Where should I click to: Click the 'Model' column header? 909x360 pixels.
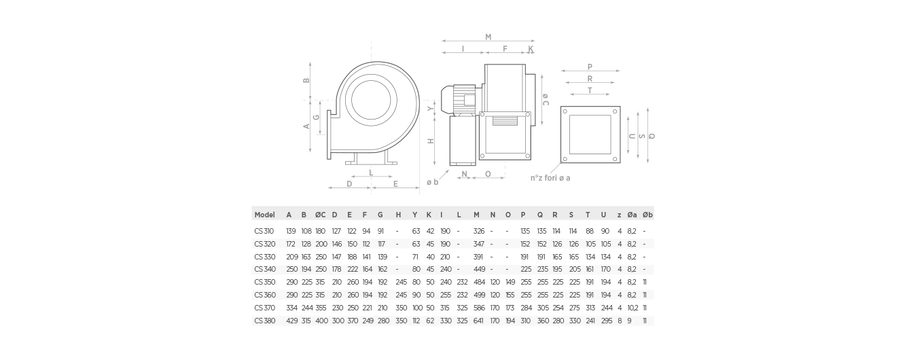coord(264,215)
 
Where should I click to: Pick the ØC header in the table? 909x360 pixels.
coord(321,215)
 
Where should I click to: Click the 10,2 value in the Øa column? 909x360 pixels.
coord(632,308)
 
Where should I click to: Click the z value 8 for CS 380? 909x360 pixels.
coord(619,321)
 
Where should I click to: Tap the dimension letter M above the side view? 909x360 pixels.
coord(488,37)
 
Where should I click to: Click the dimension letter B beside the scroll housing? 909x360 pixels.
coord(306,80)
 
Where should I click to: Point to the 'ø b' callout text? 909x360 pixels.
coord(432,182)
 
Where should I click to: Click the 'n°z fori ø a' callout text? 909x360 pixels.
coord(550,178)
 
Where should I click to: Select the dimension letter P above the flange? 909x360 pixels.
coord(590,67)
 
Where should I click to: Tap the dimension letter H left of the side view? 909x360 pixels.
coord(430,141)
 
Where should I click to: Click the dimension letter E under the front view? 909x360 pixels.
coord(395,183)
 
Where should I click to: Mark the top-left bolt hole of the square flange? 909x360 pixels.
coord(566,111)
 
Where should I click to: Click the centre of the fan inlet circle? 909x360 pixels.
coord(372,101)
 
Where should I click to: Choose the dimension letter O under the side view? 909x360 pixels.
coord(488,175)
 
